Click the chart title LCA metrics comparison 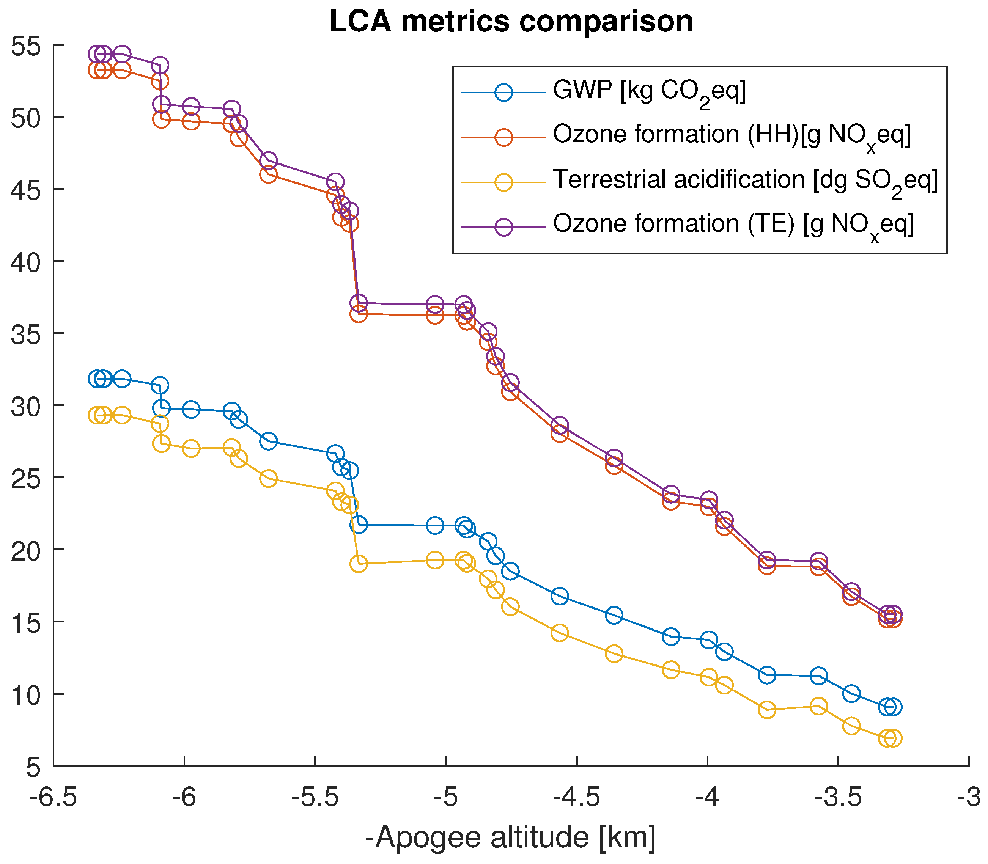(x=511, y=22)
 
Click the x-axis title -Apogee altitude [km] (x=511, y=837)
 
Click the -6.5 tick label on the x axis (x=53, y=798)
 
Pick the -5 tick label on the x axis (x=446, y=798)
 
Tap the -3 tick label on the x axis (x=969, y=798)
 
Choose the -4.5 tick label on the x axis (x=577, y=798)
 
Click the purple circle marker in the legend (x=503, y=226)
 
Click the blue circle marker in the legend (x=503, y=92)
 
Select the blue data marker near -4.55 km (x=559, y=596)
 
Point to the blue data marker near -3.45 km (x=851, y=694)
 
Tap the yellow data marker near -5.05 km (x=435, y=560)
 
